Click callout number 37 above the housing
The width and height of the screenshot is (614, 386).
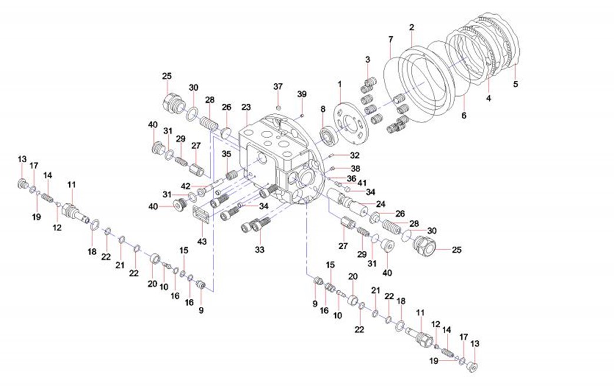[x=278, y=86]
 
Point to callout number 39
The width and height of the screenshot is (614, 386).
[x=302, y=94]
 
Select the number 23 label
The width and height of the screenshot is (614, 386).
[x=246, y=107]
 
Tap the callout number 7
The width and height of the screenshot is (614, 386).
[x=391, y=39]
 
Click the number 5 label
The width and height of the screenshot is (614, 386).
[x=516, y=84]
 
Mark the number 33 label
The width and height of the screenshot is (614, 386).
[x=259, y=249]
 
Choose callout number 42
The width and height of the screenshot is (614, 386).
[x=185, y=186]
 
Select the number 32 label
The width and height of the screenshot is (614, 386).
[x=354, y=156]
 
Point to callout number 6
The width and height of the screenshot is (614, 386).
[x=463, y=116]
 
